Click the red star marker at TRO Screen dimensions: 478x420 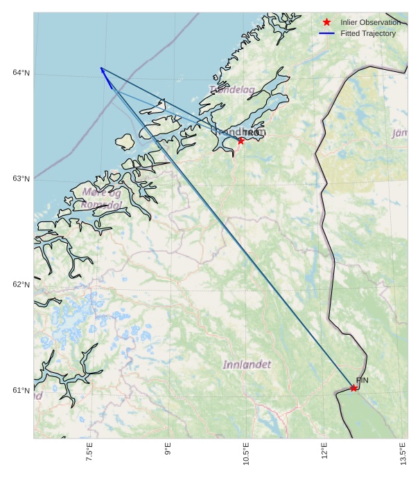tap(241, 140)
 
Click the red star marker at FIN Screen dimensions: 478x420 tap(353, 388)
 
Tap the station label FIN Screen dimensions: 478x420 tap(362, 380)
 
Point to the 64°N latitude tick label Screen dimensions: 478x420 tap(21, 73)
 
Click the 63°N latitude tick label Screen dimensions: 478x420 tap(21, 179)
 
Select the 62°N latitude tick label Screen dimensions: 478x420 tap(21, 285)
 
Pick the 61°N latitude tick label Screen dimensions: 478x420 tap(21, 391)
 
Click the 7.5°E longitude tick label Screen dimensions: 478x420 tap(89, 452)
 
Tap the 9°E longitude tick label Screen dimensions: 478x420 tap(168, 452)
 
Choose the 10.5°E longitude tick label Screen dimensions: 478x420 tap(246, 452)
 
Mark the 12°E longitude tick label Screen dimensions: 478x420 tap(324, 452)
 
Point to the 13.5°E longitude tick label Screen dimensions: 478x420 tap(403, 452)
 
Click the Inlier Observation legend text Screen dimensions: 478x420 tap(370, 23)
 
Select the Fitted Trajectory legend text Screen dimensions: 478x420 tap(368, 33)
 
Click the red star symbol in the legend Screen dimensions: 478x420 tap(327, 22)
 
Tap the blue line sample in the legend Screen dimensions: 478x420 tap(327, 33)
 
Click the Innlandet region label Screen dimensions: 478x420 tap(247, 364)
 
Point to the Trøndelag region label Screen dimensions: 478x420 tap(231, 89)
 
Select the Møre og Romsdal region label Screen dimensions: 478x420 tap(102, 198)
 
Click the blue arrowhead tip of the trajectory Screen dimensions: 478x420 tap(100, 68)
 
